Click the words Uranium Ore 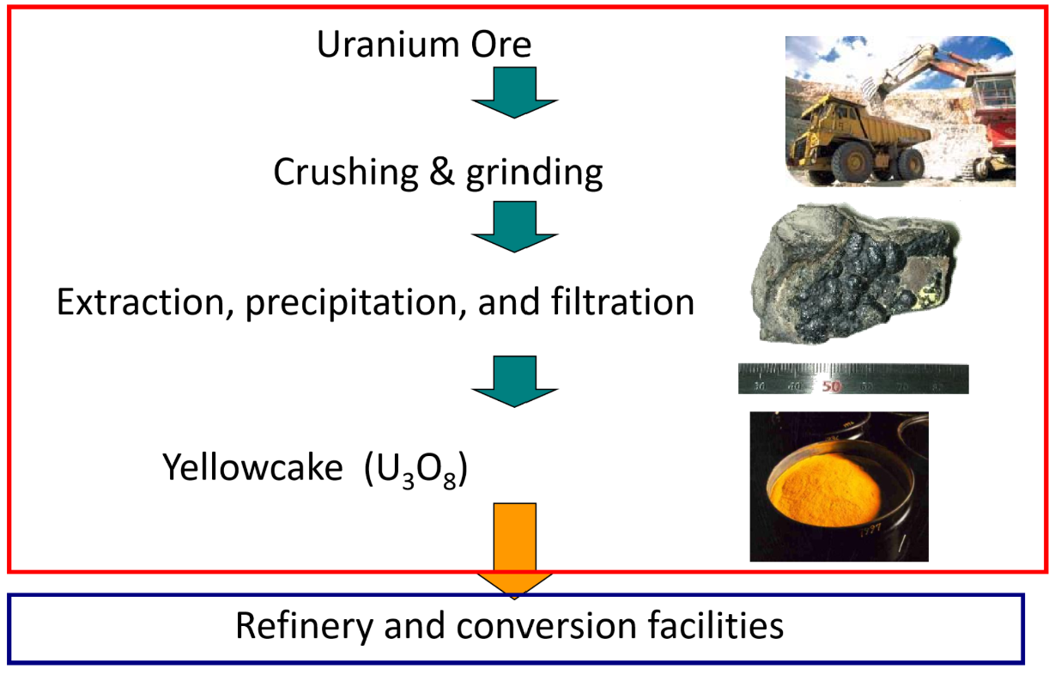click(424, 45)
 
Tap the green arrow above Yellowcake click(515, 381)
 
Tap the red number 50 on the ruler click(830, 386)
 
